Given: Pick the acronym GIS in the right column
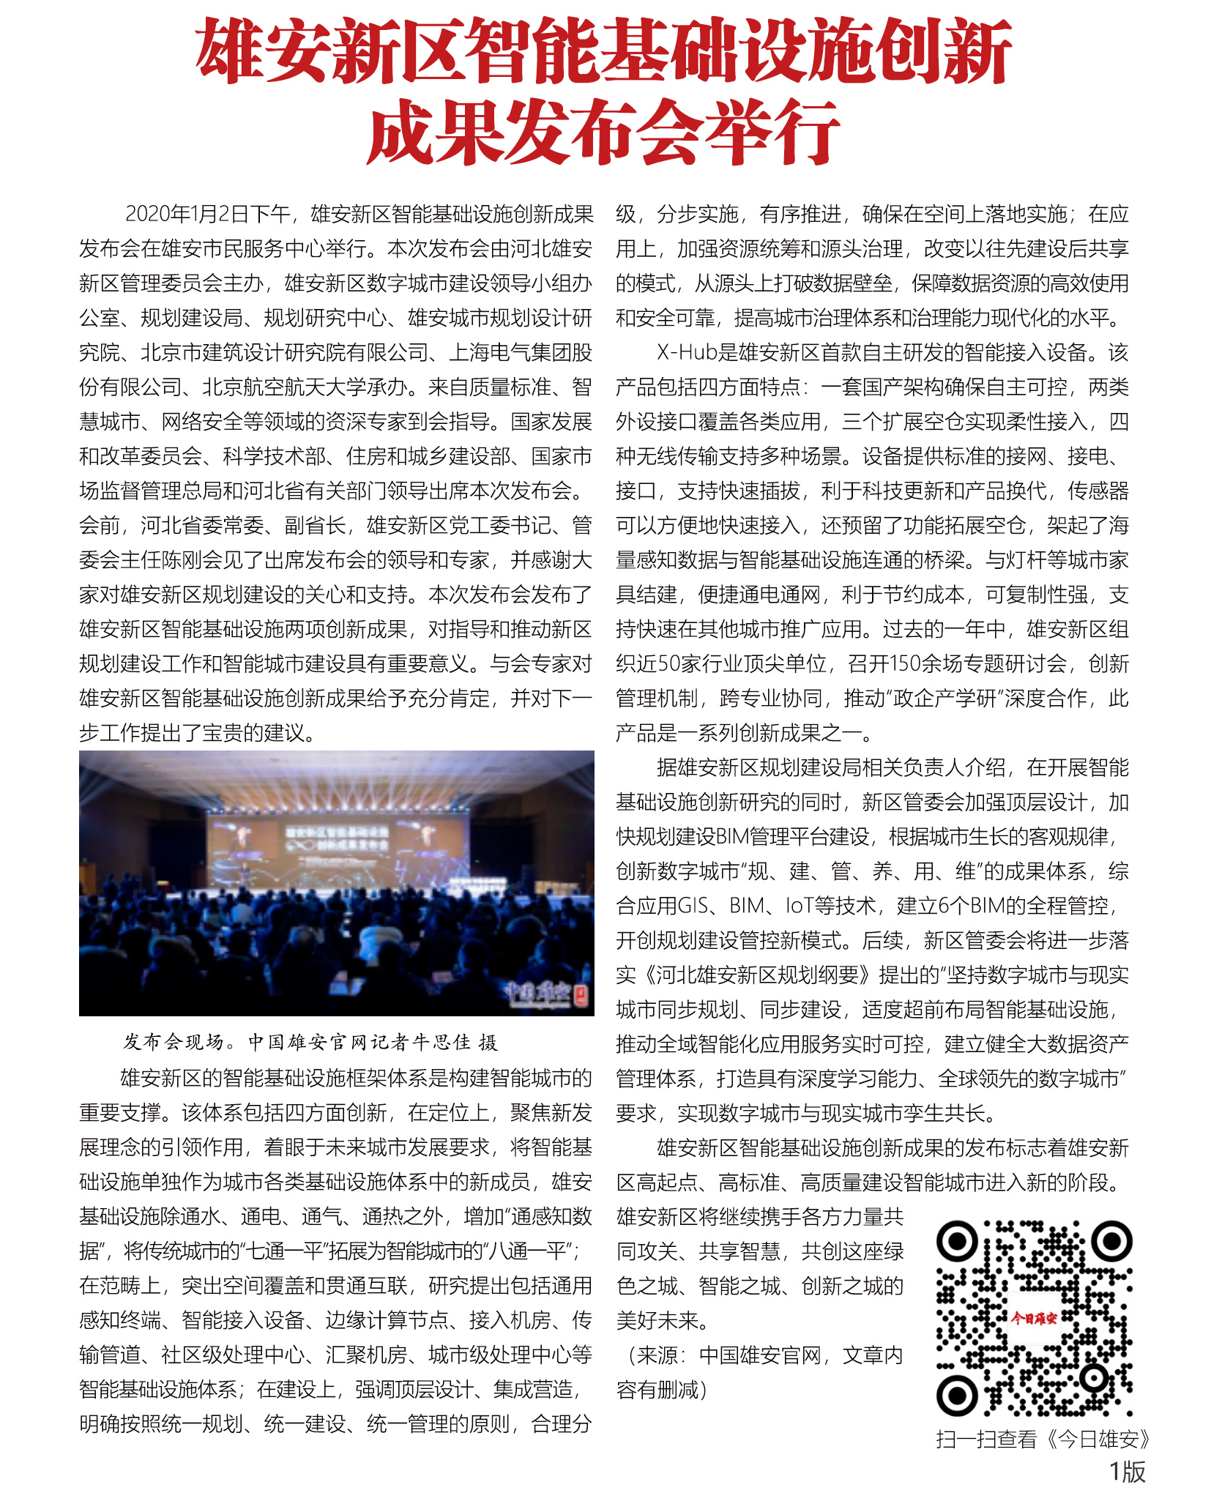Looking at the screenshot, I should [693, 906].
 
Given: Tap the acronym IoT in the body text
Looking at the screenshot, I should [806, 906].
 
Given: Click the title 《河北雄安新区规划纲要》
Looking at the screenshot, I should [758, 975].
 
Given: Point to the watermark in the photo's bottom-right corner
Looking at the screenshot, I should [546, 993].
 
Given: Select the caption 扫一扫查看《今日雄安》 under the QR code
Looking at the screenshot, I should [1043, 1440].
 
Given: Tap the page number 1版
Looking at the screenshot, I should [1127, 1472].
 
